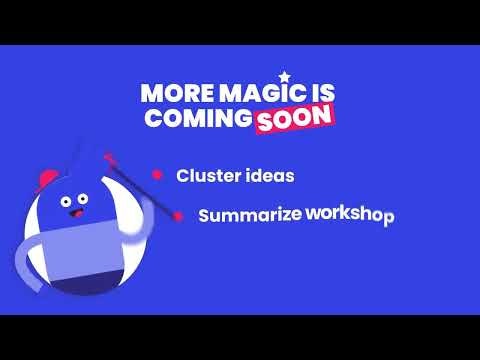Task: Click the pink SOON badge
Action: [292, 118]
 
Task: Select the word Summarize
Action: [250, 215]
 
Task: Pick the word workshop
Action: [350, 214]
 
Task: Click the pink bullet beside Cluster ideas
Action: [157, 174]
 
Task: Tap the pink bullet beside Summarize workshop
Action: [178, 215]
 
